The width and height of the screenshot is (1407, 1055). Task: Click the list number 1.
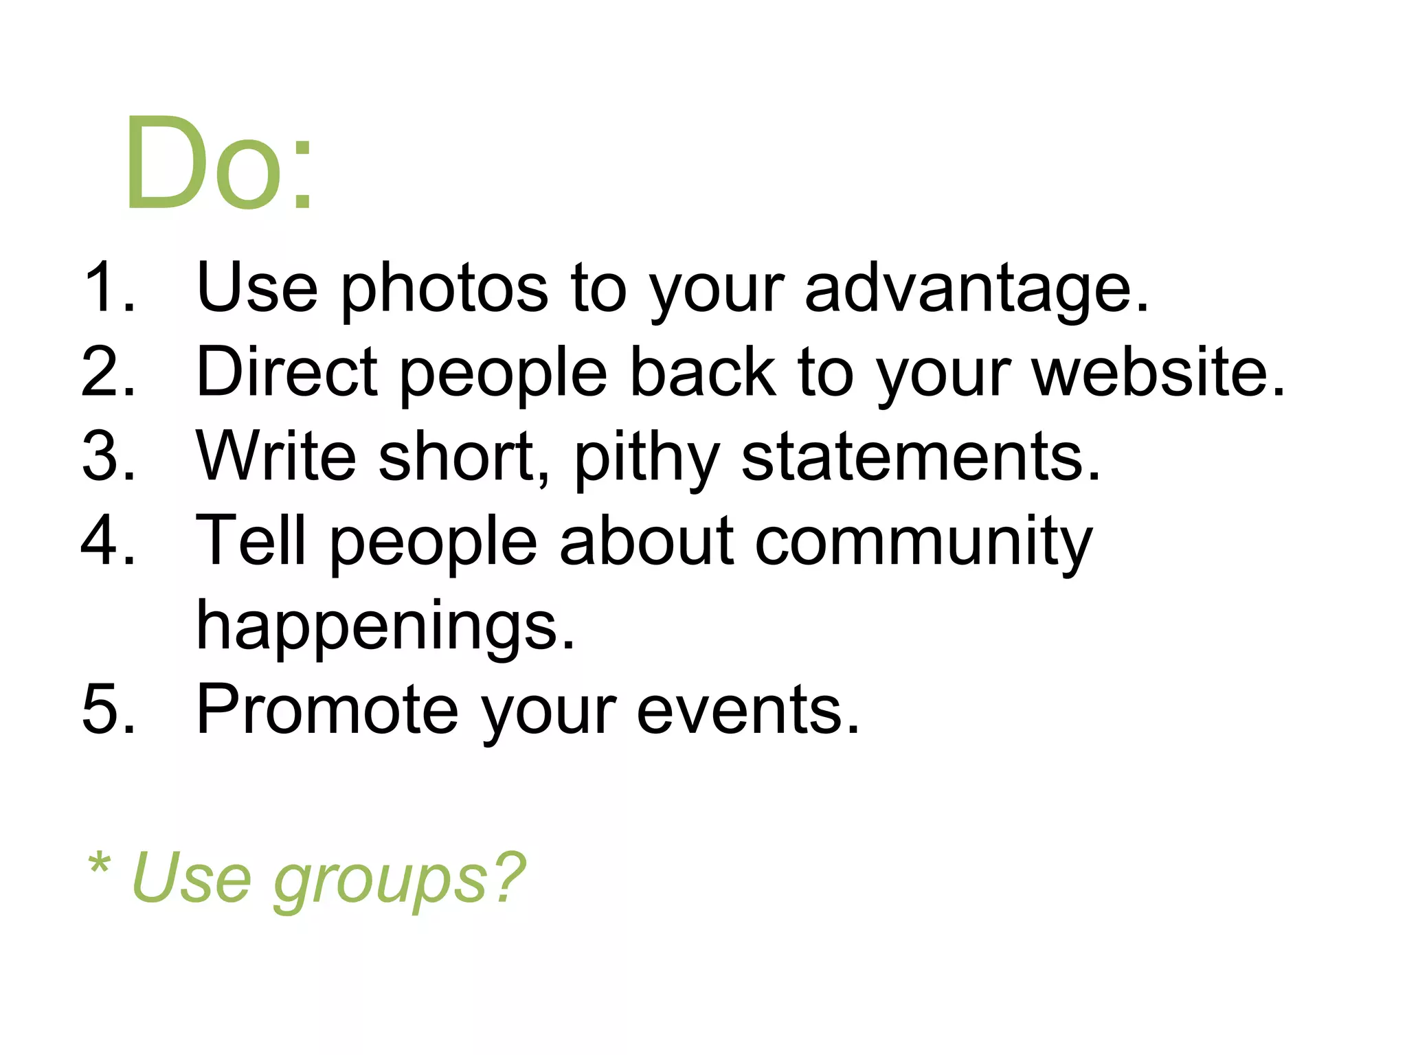pyautogui.click(x=108, y=287)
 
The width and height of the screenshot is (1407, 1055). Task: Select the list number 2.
pyautogui.click(x=108, y=372)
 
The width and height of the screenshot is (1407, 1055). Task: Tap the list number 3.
pyautogui.click(x=108, y=456)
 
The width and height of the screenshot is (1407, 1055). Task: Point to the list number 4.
pyautogui.click(x=108, y=541)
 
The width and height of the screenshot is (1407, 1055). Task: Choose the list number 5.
pyautogui.click(x=108, y=710)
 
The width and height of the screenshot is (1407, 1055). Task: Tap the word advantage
pyautogui.click(x=976, y=288)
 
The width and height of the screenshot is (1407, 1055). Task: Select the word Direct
pyautogui.click(x=286, y=373)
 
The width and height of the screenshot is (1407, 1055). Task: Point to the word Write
pyautogui.click(x=275, y=456)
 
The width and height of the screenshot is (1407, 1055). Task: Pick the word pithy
pyautogui.click(x=646, y=459)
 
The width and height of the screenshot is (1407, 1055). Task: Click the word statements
pyautogui.click(x=921, y=457)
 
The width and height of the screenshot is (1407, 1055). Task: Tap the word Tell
pyautogui.click(x=251, y=541)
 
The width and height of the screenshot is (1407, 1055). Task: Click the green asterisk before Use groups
pyautogui.click(x=99, y=863)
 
